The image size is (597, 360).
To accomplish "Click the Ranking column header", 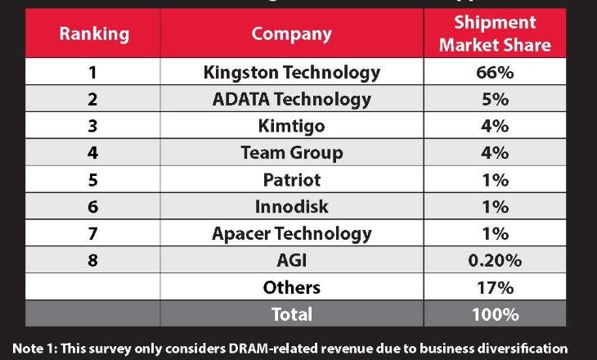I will click(93, 34).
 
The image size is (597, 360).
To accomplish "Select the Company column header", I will click(291, 34).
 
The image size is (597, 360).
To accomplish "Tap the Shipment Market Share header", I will click(494, 34).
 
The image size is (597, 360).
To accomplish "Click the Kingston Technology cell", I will click(291, 72).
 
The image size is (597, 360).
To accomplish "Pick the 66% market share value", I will click(494, 72).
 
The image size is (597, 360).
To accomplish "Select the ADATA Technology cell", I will click(291, 99).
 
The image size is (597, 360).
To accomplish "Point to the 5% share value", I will click(494, 99).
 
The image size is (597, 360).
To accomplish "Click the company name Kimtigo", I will click(291, 126).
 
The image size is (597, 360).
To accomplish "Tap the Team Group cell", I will click(291, 153).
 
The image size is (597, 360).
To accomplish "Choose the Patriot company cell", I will click(291, 179).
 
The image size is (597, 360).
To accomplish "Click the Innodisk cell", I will click(291, 206).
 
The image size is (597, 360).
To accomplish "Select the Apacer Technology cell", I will click(291, 233).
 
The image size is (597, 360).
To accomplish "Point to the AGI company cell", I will click(291, 260).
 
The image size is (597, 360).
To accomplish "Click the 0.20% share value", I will click(494, 260).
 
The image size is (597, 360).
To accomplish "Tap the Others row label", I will click(291, 287).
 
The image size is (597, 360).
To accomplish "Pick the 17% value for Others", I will click(494, 287).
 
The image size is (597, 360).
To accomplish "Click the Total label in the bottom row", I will click(291, 314).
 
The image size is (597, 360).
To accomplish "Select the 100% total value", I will click(494, 314).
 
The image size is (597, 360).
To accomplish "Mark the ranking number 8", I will click(92, 260).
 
